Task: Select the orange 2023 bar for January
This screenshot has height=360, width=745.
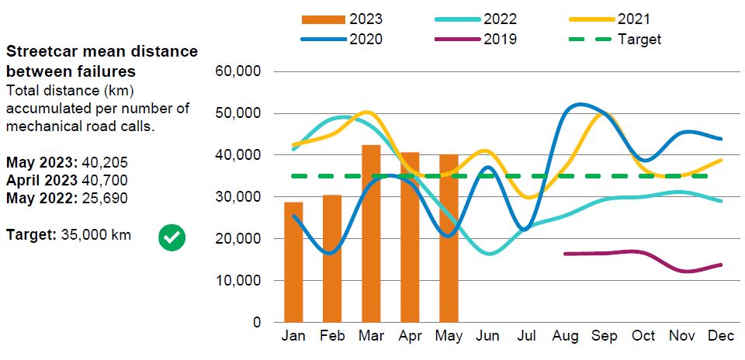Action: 293,262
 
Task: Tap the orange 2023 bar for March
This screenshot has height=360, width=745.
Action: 371,234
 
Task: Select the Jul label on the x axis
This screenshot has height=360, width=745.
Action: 527,336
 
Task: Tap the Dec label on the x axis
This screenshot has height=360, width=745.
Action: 720,336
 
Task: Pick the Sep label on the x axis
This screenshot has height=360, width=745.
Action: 604,336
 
